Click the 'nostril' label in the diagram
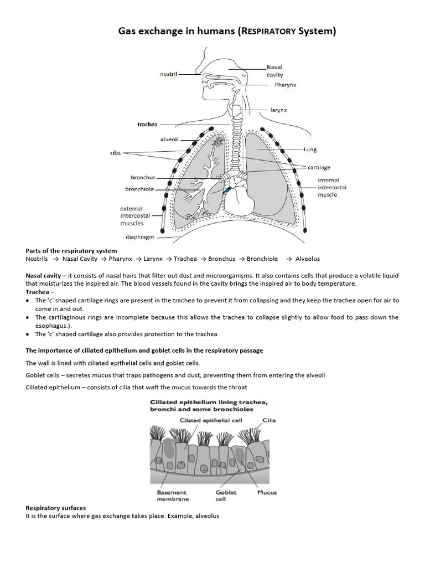[168, 74]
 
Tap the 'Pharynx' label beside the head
[286, 85]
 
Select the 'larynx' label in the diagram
[278, 110]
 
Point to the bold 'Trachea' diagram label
[147, 125]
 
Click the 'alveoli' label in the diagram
[169, 140]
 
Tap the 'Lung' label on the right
[309, 150]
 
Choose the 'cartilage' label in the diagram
[319, 167]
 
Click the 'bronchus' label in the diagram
[143, 178]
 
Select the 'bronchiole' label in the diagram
[141, 189]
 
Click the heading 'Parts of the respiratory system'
[71, 251]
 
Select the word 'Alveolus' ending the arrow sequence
[307, 259]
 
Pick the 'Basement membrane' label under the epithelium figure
[172, 495]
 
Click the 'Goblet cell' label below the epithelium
[226, 495]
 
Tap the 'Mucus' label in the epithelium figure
[267, 492]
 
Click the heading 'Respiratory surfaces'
[56, 508]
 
